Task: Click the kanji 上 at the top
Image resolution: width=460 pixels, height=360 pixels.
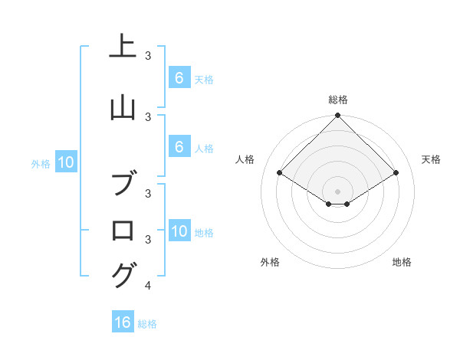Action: pyautogui.click(x=123, y=47)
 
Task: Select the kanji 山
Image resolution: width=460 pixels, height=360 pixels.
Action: pyautogui.click(x=123, y=108)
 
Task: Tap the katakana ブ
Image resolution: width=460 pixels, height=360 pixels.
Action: pyautogui.click(x=123, y=185)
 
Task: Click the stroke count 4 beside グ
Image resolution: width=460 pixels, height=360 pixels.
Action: pyautogui.click(x=148, y=286)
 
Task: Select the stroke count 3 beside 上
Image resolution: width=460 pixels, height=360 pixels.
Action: pyautogui.click(x=148, y=56)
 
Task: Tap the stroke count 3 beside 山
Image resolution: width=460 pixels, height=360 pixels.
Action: pyautogui.click(x=148, y=116)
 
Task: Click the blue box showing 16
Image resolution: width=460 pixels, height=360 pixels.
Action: pyautogui.click(x=123, y=322)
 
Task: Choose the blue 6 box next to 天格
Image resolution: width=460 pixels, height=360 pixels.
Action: pyautogui.click(x=179, y=77)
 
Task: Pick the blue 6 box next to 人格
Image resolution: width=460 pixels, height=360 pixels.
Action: pyautogui.click(x=179, y=147)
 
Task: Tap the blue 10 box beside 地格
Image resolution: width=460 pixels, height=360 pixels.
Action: pyautogui.click(x=179, y=231)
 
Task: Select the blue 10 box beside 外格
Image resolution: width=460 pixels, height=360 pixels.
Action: pyautogui.click(x=65, y=162)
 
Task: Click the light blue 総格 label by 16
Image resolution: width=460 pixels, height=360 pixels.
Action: pyautogui.click(x=147, y=324)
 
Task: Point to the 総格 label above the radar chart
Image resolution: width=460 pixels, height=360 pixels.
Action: pyautogui.click(x=338, y=100)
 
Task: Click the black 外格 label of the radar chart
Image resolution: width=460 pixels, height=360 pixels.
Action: pyautogui.click(x=270, y=262)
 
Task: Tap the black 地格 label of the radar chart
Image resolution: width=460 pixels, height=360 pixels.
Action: pyautogui.click(x=402, y=262)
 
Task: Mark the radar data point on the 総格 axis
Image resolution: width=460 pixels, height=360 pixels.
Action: pyautogui.click(x=338, y=116)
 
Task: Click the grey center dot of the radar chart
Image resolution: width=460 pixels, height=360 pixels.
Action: pyautogui.click(x=338, y=191)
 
